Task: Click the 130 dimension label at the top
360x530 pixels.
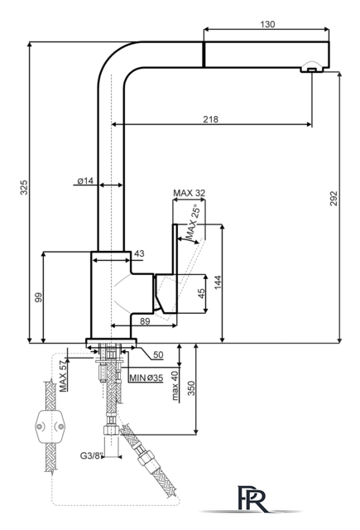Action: [x=267, y=24]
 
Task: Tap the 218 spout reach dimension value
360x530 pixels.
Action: [x=211, y=119]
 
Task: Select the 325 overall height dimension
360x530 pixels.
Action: [x=24, y=187]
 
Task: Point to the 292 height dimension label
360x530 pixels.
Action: [x=334, y=199]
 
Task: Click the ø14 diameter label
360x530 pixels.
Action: [x=85, y=181]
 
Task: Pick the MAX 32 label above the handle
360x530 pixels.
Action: [x=190, y=193]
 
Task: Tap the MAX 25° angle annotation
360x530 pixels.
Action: [x=194, y=223]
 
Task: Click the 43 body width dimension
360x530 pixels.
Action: [x=139, y=253]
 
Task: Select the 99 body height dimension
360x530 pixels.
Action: [x=39, y=297]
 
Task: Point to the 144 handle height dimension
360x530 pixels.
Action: [x=218, y=282]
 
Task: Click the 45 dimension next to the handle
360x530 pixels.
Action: [x=201, y=293]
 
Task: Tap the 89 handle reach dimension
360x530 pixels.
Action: [x=145, y=321]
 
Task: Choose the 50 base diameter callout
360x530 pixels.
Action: [x=158, y=354]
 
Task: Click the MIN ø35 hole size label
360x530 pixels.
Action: [x=146, y=378]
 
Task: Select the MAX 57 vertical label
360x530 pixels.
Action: [x=63, y=376]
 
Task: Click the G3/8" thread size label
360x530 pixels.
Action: [x=91, y=455]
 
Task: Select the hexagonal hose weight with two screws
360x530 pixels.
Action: [x=50, y=426]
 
